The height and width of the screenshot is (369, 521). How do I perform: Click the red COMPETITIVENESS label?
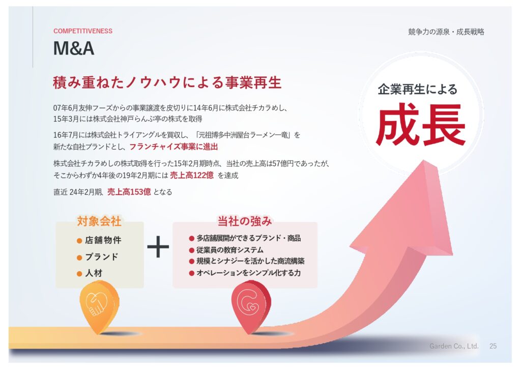pos(83,31)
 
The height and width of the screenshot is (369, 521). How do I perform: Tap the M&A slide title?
pos(74,48)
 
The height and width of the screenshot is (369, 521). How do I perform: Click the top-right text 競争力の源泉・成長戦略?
pos(446,32)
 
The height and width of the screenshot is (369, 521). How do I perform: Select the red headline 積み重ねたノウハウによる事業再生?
pos(167,82)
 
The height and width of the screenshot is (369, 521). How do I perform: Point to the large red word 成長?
pos(421,124)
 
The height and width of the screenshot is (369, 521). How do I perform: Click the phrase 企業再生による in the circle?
pos(417,90)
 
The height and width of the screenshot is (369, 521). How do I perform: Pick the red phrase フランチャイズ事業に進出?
pos(173,147)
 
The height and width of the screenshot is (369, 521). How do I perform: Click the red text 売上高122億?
pos(192,175)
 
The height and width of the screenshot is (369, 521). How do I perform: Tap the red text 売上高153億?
pos(129,192)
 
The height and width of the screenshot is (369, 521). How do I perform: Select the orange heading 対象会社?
pos(99,221)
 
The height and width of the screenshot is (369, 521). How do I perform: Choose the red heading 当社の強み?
pos(245,221)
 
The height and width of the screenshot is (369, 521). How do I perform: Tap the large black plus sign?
pos(158,247)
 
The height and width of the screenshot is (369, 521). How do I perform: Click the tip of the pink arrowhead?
pos(424,160)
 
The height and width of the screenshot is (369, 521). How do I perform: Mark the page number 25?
pos(493,346)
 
